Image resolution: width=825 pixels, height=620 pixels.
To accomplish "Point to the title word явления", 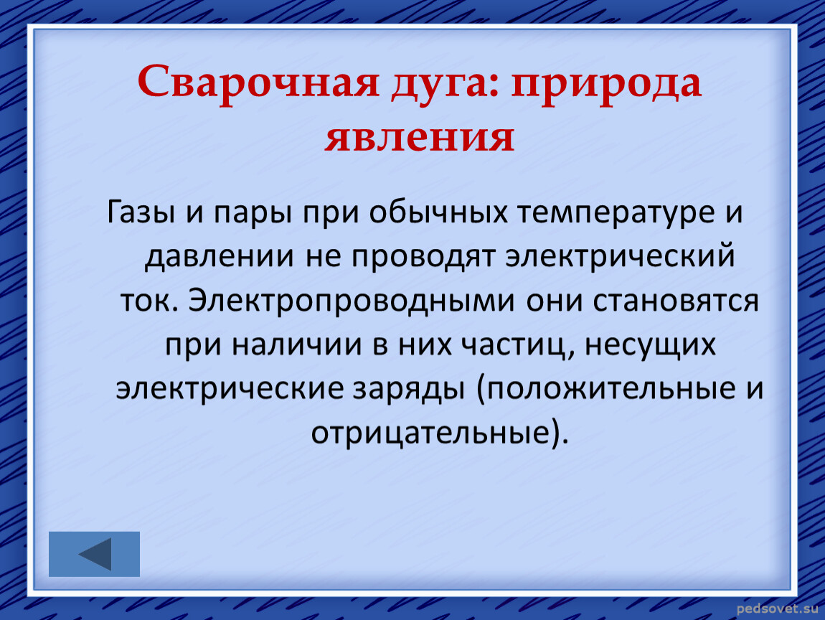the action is pos(420,138).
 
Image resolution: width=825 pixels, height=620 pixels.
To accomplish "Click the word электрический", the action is pos(620,256).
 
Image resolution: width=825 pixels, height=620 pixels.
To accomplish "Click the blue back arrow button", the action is pos(94,554).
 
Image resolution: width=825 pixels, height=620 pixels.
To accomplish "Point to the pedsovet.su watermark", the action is pos(778,609).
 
